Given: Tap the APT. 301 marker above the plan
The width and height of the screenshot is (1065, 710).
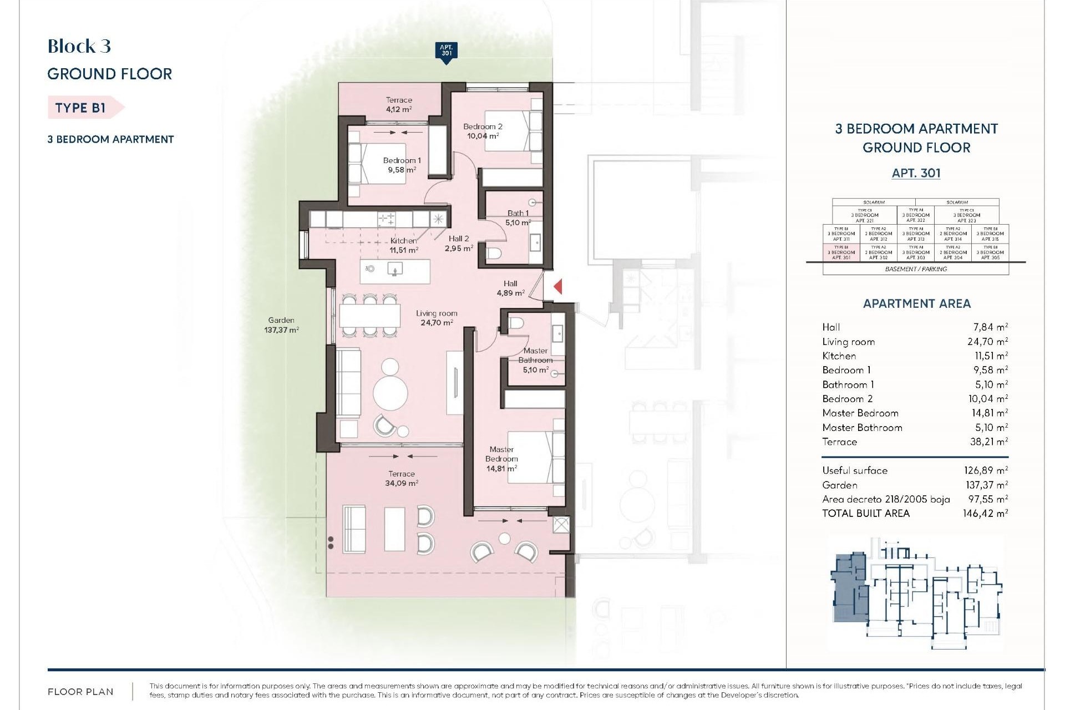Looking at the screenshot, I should (447, 51).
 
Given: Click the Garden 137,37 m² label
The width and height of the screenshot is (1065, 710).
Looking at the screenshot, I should (281, 324).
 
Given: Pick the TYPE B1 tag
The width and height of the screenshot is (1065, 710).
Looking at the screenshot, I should (81, 108).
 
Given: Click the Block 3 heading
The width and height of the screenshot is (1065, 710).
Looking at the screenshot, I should (79, 46).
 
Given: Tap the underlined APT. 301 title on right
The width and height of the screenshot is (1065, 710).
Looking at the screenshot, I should (916, 173).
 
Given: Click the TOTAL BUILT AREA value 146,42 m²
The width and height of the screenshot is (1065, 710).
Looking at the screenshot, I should (985, 514).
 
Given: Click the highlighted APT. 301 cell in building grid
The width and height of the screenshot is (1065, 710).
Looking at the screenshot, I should (841, 252).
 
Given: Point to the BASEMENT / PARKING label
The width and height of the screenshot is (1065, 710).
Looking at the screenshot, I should (915, 269).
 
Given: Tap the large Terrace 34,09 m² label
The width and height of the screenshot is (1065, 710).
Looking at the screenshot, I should (402, 478).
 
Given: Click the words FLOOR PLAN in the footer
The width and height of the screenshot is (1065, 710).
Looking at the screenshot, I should (80, 692).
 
